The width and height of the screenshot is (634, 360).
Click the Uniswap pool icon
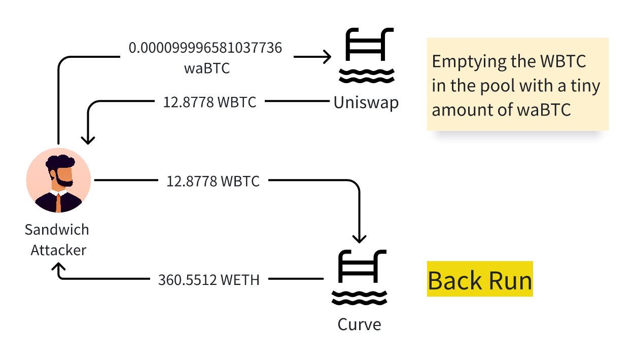(x=367, y=56)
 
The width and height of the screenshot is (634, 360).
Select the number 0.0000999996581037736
(x=205, y=48)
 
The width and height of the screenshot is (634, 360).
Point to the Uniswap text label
(x=366, y=102)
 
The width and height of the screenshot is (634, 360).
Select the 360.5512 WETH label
(x=209, y=279)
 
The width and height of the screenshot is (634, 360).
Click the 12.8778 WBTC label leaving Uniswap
(x=209, y=102)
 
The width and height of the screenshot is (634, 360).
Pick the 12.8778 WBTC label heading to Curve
(x=213, y=181)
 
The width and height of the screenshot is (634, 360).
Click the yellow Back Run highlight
(x=480, y=280)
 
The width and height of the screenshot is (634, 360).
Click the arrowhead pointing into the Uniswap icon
(x=328, y=57)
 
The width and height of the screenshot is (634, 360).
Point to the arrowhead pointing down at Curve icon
(x=359, y=239)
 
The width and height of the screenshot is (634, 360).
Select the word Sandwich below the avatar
(x=57, y=230)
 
